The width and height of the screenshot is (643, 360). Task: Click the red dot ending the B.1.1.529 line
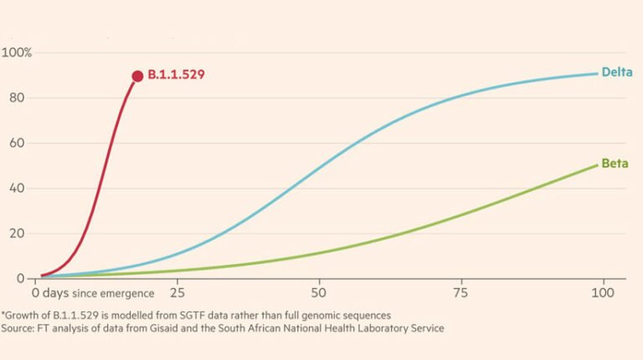[137, 76]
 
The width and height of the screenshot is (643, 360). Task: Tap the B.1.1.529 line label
[176, 75]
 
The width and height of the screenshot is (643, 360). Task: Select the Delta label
[615, 72]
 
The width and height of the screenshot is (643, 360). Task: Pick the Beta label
[615, 162]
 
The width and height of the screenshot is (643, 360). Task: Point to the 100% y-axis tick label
[17, 53]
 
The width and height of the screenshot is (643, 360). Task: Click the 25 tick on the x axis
[177, 294]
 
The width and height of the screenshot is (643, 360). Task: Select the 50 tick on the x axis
[318, 294]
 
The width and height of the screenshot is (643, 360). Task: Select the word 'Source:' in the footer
[20, 329]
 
